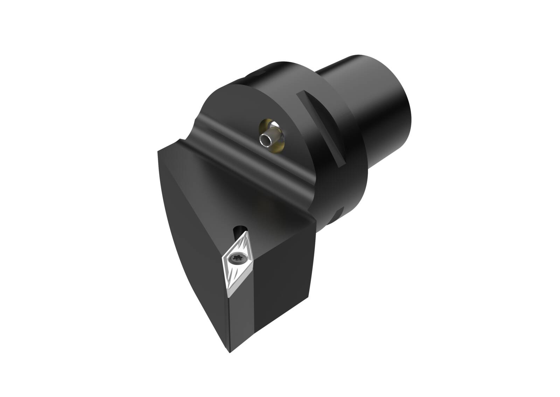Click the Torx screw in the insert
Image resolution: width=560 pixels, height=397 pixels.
point(241,259)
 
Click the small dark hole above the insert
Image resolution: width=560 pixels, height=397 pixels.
point(240,231)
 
